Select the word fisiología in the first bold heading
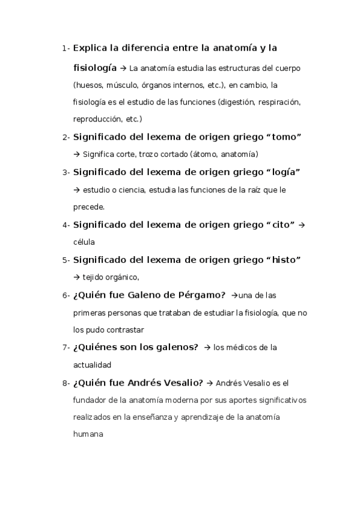[x=95, y=69]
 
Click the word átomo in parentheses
[x=206, y=154]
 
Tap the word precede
[x=88, y=207]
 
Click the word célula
[x=84, y=242]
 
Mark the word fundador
[x=91, y=400]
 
